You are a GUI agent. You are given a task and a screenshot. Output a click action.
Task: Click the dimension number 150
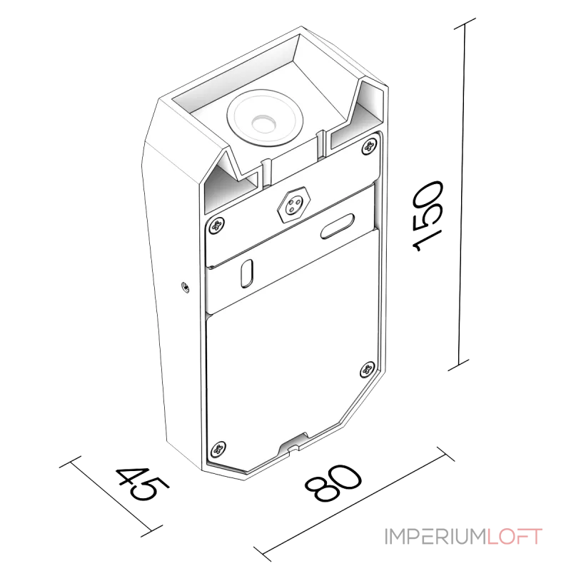pyautogui.click(x=428, y=216)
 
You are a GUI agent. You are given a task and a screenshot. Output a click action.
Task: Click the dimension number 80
pyautogui.click(x=333, y=483)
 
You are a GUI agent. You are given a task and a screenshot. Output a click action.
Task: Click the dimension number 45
pyautogui.click(x=142, y=485)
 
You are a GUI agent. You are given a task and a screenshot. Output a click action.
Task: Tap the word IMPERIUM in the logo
pyautogui.click(x=435, y=537)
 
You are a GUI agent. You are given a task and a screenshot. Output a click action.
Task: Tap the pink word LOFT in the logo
pyautogui.click(x=515, y=537)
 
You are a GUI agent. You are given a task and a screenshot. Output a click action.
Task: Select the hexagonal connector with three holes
pyautogui.click(x=293, y=205)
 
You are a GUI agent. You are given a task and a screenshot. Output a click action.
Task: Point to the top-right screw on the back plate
pyautogui.click(x=369, y=146)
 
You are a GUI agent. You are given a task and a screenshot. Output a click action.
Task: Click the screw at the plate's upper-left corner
pyautogui.click(x=217, y=225)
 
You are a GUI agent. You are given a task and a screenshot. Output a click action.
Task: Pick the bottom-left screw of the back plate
pyautogui.click(x=218, y=449)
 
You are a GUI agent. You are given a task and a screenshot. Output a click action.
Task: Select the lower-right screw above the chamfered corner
pyautogui.click(x=367, y=370)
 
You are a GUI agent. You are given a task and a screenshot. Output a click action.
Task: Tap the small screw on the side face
pyautogui.click(x=186, y=288)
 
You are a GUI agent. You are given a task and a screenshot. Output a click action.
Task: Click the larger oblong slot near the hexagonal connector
pyautogui.click(x=337, y=226)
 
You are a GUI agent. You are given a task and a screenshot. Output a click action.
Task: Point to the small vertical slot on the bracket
pyautogui.click(x=247, y=273)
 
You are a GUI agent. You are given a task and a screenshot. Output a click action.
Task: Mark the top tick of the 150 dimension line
pyautogui.click(x=465, y=24)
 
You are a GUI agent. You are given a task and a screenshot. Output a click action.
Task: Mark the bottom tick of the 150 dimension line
pyautogui.click(x=458, y=365)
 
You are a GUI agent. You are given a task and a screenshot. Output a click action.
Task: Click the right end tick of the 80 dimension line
pyautogui.click(x=445, y=453)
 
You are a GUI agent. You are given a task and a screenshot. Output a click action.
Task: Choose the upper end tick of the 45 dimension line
pyautogui.click(x=70, y=461)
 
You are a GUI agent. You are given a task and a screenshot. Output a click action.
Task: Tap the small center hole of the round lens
pyautogui.click(x=261, y=123)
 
